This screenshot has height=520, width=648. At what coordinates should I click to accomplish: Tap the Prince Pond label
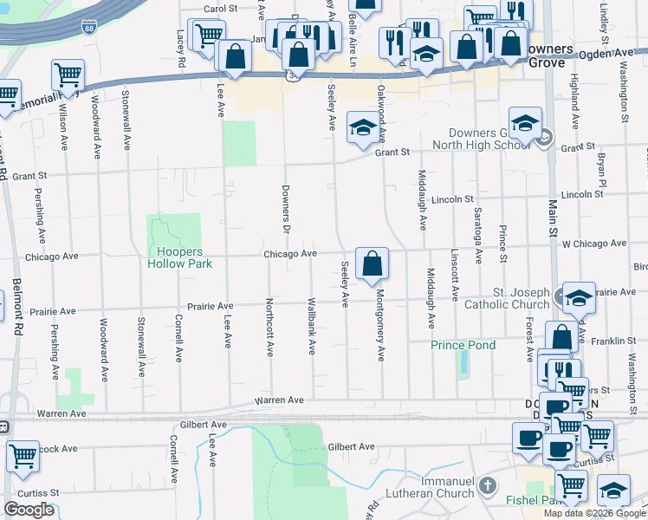tap(463, 345)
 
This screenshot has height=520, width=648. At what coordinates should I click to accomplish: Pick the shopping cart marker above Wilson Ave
tap(68, 75)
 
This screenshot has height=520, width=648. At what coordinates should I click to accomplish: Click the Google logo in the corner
tap(29, 510)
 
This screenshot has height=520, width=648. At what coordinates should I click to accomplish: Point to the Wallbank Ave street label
tap(311, 326)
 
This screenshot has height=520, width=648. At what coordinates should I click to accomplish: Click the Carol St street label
tap(220, 9)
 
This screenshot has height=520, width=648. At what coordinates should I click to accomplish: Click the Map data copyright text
tap(595, 513)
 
